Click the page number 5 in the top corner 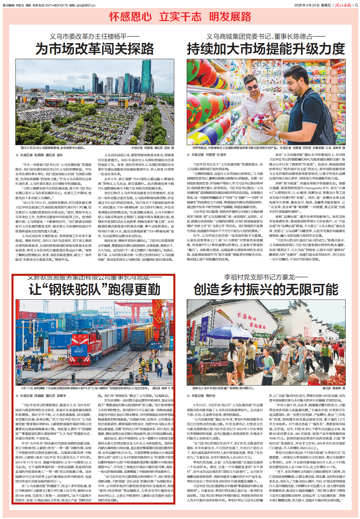tap(356, 5)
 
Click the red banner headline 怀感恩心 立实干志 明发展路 tap(180, 17)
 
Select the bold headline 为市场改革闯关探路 tap(95, 49)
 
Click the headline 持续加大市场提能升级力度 tap(266, 49)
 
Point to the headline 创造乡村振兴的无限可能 tap(266, 289)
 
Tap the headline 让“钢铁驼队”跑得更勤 tap(95, 289)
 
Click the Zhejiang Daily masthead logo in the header tap(343, 5)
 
